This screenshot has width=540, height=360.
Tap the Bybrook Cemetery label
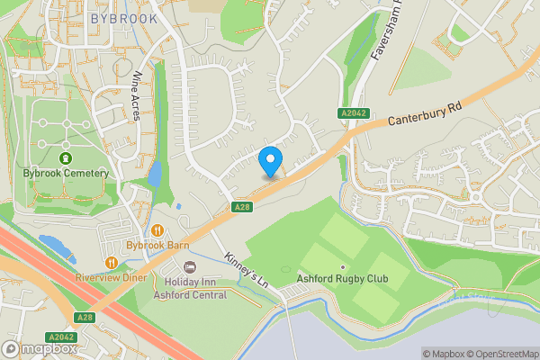tap(67, 173)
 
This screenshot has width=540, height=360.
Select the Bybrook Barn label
tap(157, 245)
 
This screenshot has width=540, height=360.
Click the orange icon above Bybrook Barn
tap(157, 230)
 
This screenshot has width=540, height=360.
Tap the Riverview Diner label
tap(112, 277)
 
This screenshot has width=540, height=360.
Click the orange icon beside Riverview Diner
tap(112, 262)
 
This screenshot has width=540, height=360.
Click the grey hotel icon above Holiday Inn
tap(189, 267)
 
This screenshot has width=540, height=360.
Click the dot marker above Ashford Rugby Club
tap(343, 267)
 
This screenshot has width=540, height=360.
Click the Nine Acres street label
tap(138, 93)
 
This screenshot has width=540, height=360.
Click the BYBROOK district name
tap(124, 18)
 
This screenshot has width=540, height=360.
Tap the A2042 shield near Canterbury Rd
tap(354, 112)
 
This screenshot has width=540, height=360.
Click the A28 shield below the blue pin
tap(240, 207)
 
